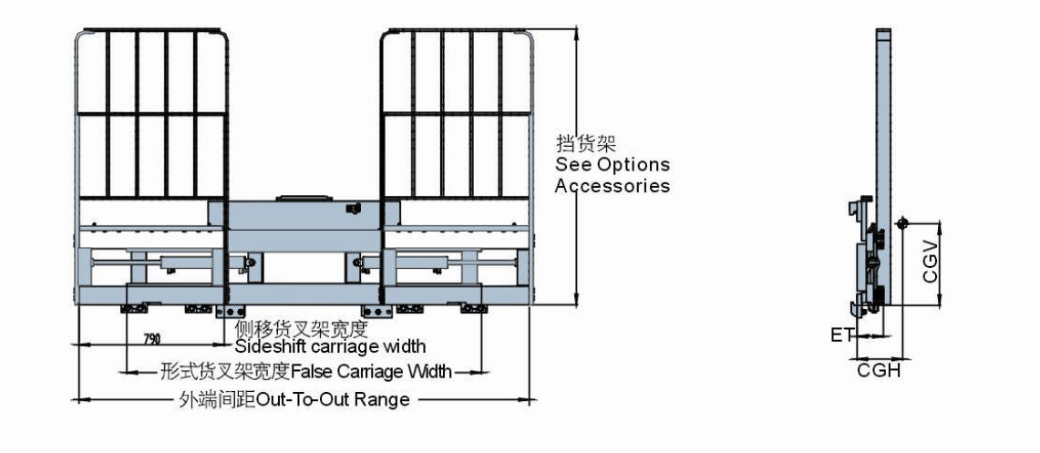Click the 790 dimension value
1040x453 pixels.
point(151,339)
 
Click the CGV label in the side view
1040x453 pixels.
point(931,263)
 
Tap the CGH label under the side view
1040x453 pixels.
point(879,371)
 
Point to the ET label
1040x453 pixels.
point(840,335)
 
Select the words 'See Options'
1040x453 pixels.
point(613,165)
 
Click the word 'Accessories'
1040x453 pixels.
point(613,186)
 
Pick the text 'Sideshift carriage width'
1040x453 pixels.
point(330,346)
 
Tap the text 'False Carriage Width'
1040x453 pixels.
point(371,372)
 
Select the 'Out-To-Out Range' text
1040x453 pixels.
point(333,399)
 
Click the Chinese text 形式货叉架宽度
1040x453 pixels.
point(224,372)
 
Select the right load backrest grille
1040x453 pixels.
point(456,114)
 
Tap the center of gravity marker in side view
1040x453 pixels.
point(901,223)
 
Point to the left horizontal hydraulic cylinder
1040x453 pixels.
point(182,264)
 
